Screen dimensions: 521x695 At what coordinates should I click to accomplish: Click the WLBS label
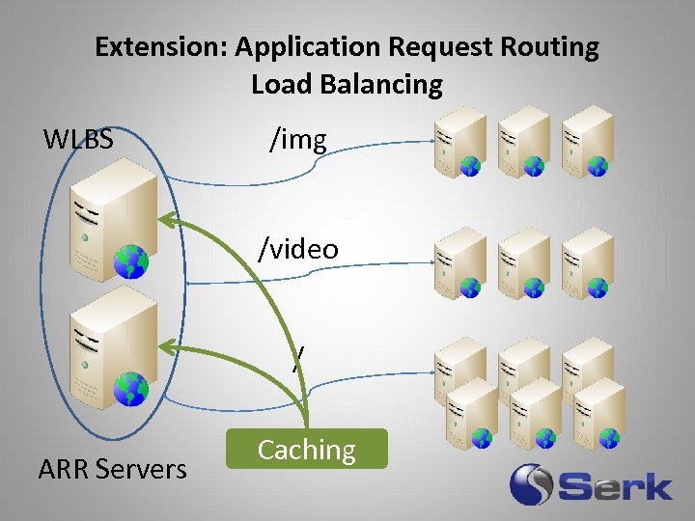tap(78, 140)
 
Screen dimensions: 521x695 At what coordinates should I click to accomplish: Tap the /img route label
tap(298, 140)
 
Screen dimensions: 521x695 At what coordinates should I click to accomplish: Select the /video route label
tap(298, 249)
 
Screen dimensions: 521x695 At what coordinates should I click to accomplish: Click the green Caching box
tap(307, 450)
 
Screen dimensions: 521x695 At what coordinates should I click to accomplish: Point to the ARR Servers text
tap(112, 470)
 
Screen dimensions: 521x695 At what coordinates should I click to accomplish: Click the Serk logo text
tap(618, 485)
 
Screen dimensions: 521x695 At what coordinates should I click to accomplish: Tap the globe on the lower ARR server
tap(130, 388)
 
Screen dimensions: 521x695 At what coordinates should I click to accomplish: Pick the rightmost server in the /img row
tap(587, 140)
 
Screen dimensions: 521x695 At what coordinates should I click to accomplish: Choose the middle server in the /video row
tap(523, 260)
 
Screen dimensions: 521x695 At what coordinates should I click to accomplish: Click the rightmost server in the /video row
tap(587, 260)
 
